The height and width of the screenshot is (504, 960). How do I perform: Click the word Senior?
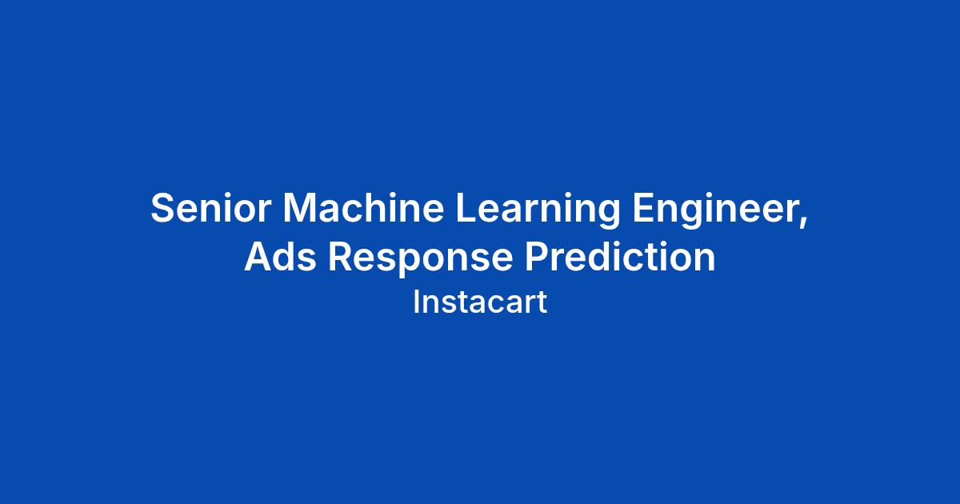(211, 207)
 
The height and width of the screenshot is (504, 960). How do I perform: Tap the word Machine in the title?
(363, 207)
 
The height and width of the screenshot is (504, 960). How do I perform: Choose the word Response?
(421, 260)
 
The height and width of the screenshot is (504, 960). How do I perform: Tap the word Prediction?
(621, 256)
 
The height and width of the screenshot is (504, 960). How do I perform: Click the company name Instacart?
(480, 302)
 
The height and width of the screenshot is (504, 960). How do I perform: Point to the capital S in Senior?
(164, 207)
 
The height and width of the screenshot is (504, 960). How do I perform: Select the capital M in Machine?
(299, 207)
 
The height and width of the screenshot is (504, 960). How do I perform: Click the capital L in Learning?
(467, 207)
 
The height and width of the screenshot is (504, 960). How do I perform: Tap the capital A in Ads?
(258, 256)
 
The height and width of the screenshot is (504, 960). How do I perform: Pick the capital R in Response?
(341, 256)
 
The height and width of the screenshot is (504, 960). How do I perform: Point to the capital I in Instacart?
(416, 302)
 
